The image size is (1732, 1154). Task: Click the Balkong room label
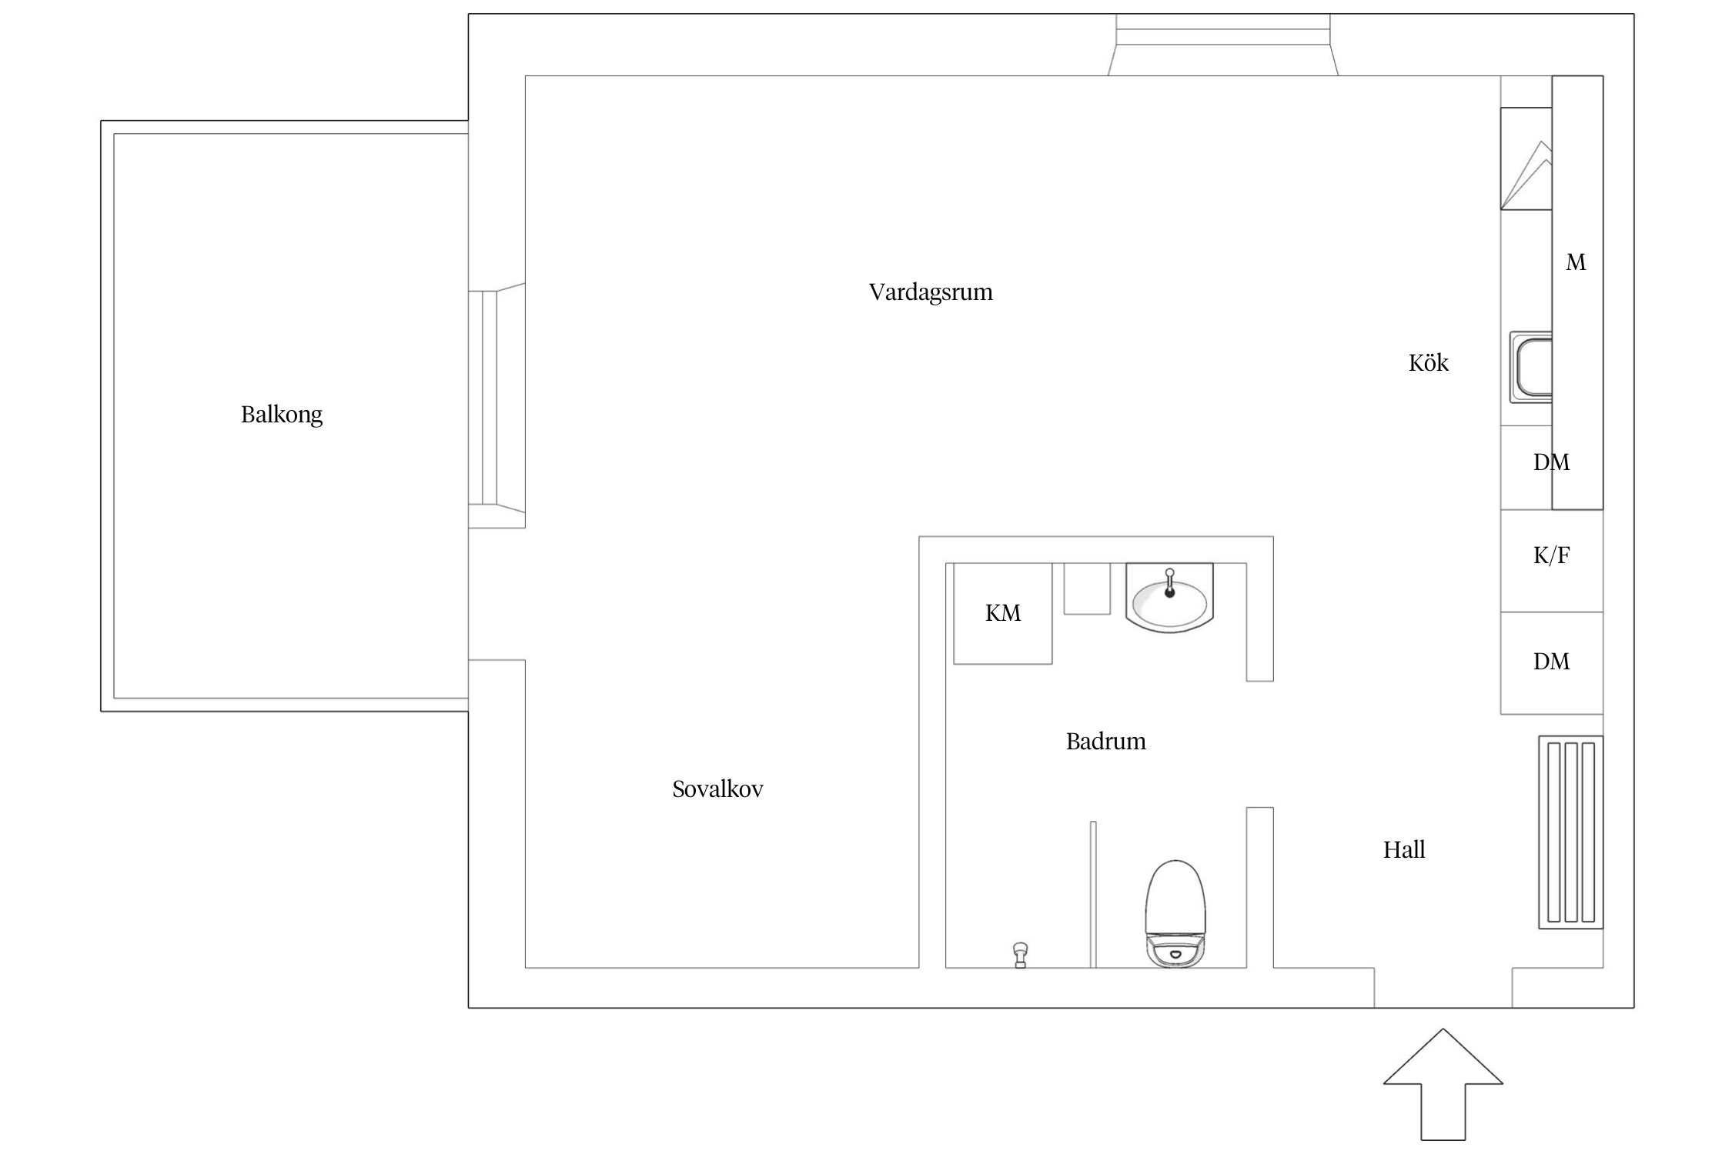click(x=282, y=415)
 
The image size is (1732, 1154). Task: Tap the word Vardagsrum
click(x=931, y=292)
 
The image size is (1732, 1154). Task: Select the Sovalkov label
click(x=717, y=789)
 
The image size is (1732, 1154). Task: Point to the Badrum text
click(x=1105, y=742)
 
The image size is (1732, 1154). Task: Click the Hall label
click(x=1404, y=850)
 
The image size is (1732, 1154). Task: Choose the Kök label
click(x=1429, y=363)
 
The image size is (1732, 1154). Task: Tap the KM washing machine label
click(x=1003, y=613)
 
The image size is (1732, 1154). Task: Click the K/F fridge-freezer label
click(x=1551, y=555)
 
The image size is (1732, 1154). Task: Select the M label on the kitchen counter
click(x=1576, y=263)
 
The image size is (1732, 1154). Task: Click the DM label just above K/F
click(x=1551, y=462)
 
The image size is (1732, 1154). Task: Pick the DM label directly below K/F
click(x=1551, y=662)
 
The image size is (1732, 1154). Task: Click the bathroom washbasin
click(x=1169, y=599)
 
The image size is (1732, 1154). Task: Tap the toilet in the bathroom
click(x=1175, y=914)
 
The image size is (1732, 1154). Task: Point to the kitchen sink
click(x=1531, y=368)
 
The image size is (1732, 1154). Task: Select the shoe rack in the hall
click(x=1571, y=832)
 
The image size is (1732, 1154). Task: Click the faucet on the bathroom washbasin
click(x=1169, y=583)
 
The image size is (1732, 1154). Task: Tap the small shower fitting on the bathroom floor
click(x=1021, y=955)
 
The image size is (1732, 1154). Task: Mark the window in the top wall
click(x=1223, y=45)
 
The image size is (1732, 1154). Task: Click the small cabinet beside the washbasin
click(x=1087, y=589)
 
